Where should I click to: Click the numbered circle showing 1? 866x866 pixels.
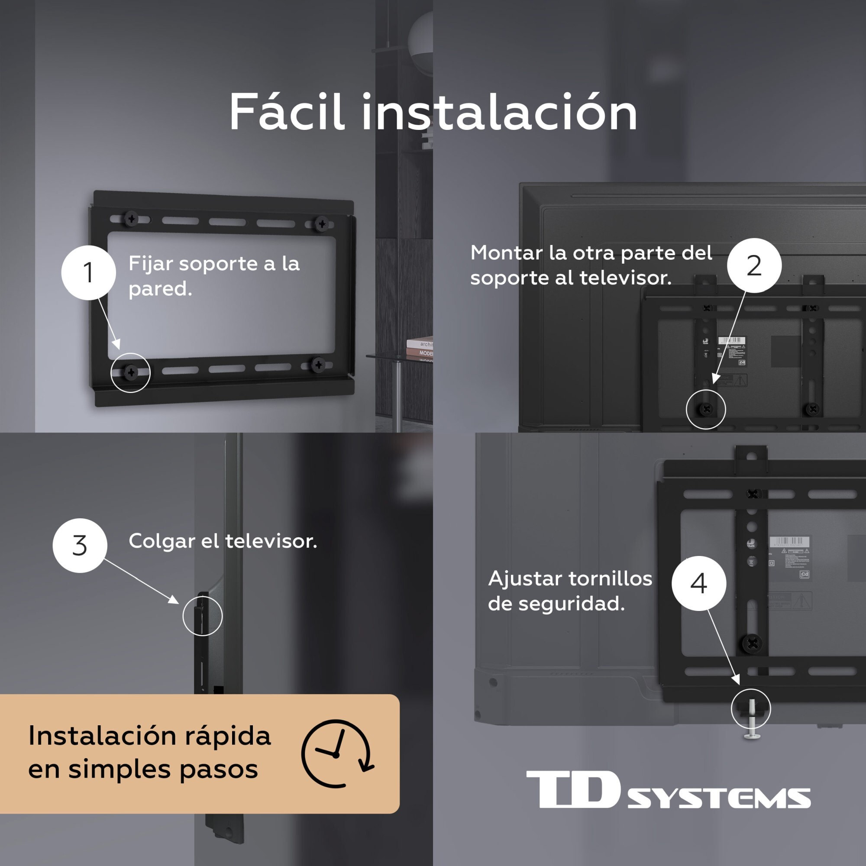[x=88, y=272]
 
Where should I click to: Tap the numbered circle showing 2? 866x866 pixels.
[x=754, y=265]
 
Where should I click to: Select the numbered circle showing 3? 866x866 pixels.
[x=80, y=546]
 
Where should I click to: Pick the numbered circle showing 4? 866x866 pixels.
[x=699, y=583]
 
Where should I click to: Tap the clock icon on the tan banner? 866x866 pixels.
[x=336, y=754]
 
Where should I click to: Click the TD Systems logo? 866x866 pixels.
[x=668, y=789]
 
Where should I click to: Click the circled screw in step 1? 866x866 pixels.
[x=131, y=372]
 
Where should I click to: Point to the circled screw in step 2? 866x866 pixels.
[x=706, y=409]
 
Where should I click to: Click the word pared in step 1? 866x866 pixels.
[x=160, y=289]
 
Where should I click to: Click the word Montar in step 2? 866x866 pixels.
[x=506, y=253]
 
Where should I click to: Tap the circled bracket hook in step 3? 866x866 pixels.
[x=202, y=615]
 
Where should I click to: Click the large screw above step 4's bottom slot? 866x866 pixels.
[x=753, y=644]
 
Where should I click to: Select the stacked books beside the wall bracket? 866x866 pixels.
[x=420, y=349]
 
